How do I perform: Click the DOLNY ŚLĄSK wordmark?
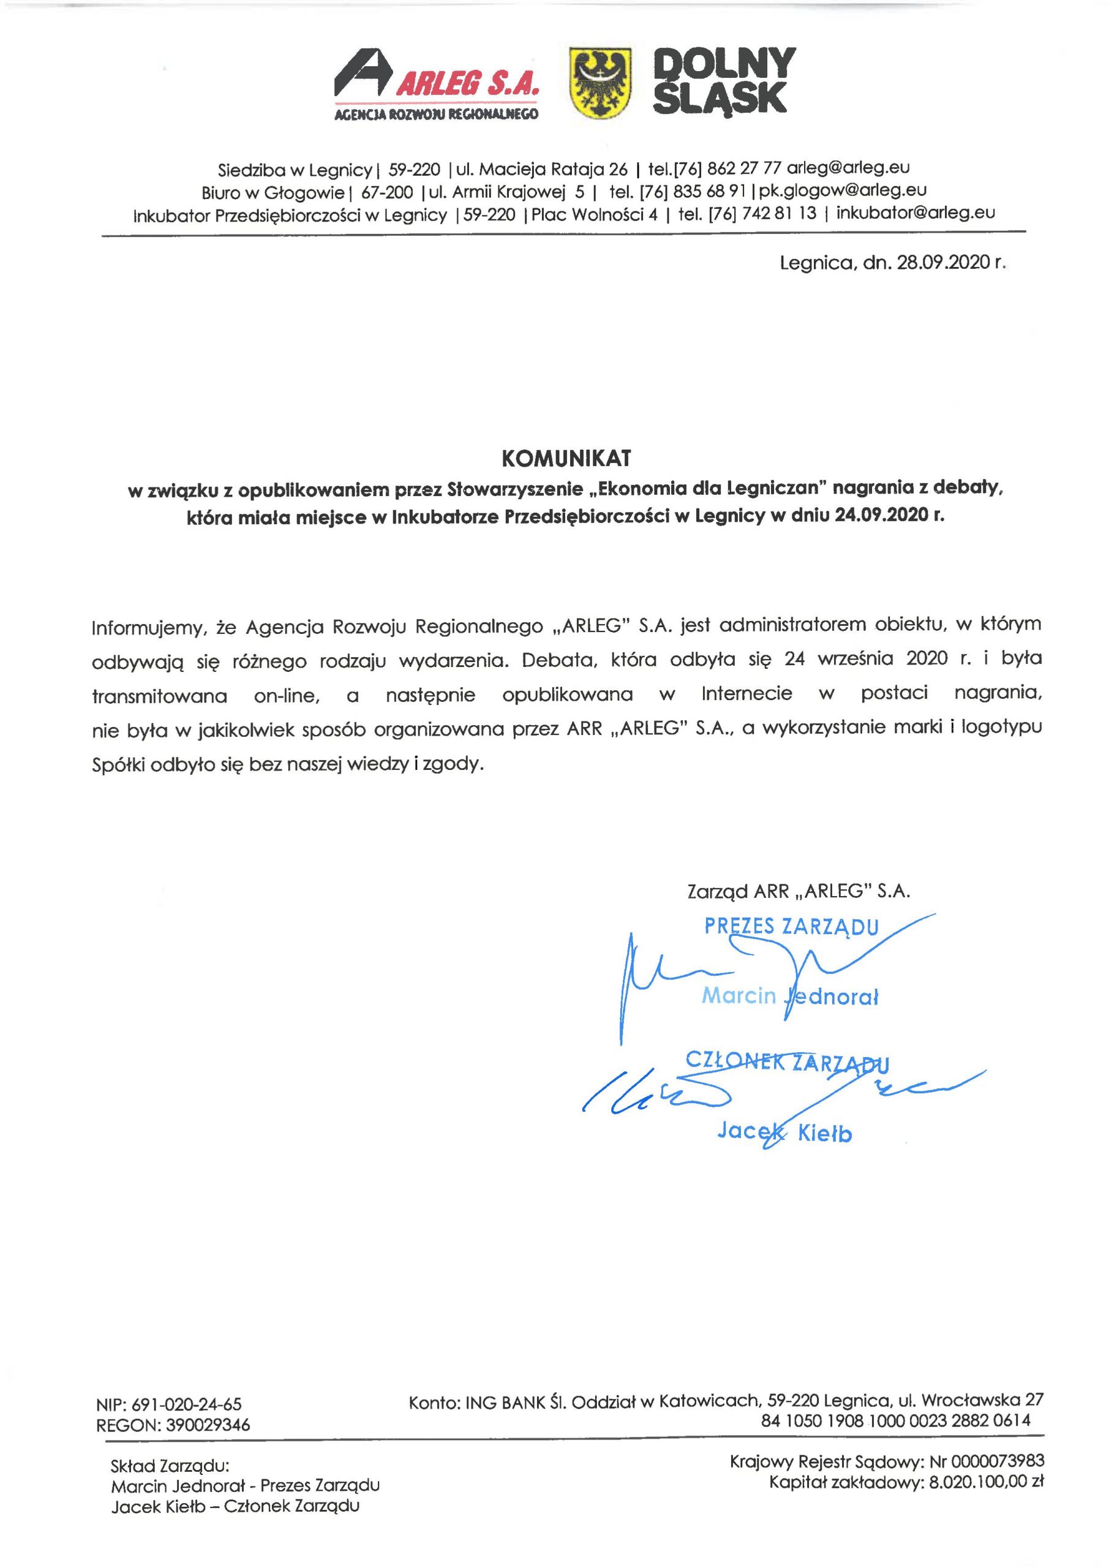723,81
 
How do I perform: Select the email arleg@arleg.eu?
848,167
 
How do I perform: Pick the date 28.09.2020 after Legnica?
943,263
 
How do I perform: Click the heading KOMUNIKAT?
566,458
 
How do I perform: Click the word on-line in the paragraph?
285,696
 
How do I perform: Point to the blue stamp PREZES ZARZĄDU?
791,927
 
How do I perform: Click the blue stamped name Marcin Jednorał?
790,997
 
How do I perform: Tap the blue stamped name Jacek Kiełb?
784,1133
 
